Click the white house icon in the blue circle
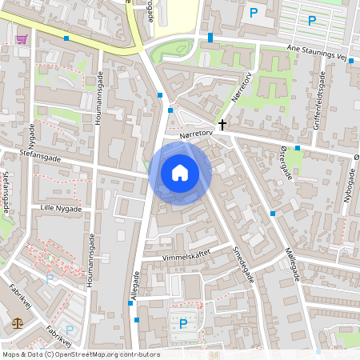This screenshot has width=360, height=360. coord(180,171)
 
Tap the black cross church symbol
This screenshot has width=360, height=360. coord(222,124)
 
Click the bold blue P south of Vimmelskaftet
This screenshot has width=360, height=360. coord(183,324)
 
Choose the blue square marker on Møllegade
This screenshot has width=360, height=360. coord(273,213)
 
